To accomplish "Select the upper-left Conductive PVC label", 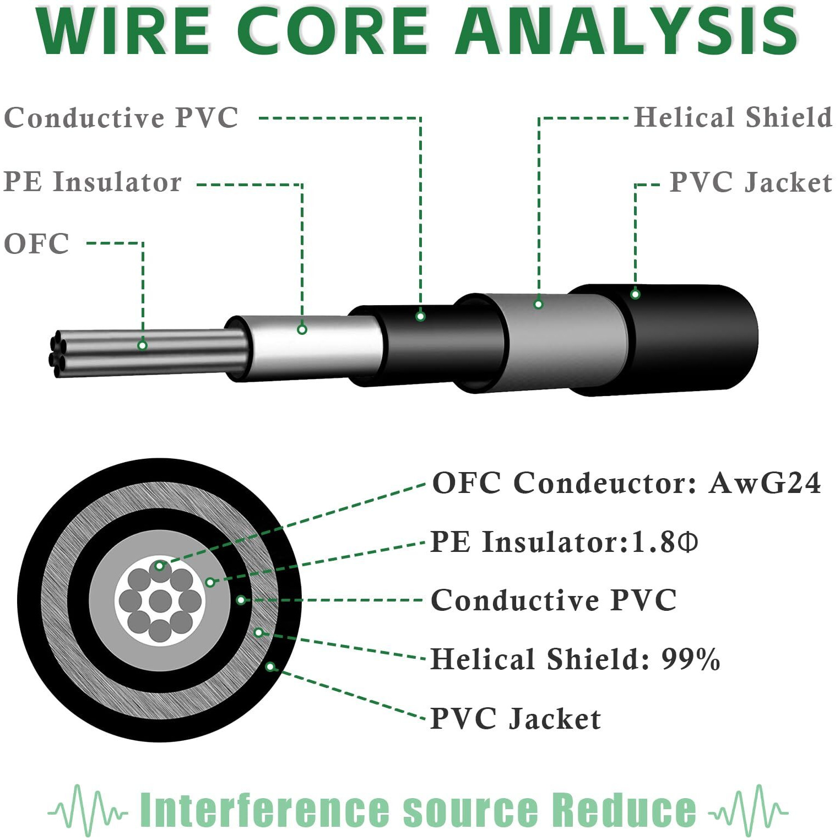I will [x=121, y=117].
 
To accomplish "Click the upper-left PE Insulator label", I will [x=93, y=182].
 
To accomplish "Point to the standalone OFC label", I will [x=36, y=243].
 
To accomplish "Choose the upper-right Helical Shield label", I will [x=733, y=117].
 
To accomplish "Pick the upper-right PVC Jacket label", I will [x=750, y=182].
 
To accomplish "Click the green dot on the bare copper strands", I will [x=142, y=345].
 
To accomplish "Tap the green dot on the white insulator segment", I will [x=302, y=329].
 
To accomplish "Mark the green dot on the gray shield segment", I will [x=539, y=304].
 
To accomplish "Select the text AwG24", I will [x=765, y=483].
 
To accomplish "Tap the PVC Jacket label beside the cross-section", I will [x=516, y=719].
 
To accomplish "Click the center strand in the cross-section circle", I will [x=160, y=600].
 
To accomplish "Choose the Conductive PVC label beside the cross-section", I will [x=554, y=600].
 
